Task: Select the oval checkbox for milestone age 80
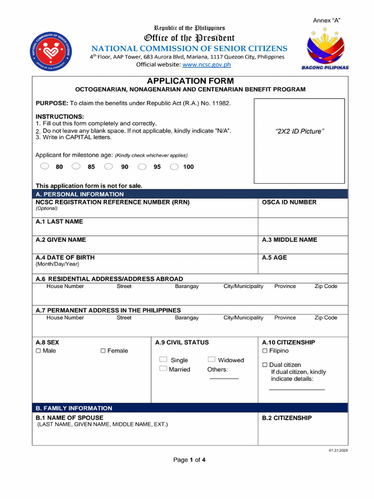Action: pos(45,166)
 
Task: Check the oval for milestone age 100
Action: pos(174,166)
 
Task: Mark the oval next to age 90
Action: pos(109,166)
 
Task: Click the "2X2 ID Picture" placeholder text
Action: pos(299,131)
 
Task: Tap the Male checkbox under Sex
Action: pos(38,351)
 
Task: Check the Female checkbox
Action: pos(103,351)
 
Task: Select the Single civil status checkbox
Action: pos(163,360)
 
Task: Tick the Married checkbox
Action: pos(163,369)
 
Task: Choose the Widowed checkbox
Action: pos(211,360)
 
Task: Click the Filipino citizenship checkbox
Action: pos(265,351)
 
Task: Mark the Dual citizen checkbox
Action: pos(265,365)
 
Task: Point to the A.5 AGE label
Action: pos(274,257)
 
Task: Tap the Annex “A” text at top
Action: pos(326,20)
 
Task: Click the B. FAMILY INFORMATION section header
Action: pos(74,408)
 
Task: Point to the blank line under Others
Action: pos(224,379)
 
